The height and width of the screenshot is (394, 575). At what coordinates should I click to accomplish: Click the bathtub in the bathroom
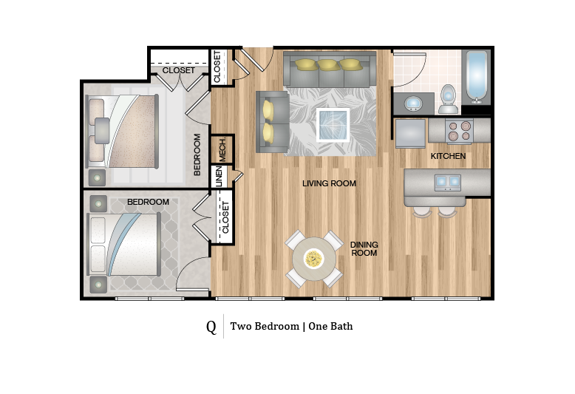(477, 77)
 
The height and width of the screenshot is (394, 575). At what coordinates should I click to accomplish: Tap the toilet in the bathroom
(448, 99)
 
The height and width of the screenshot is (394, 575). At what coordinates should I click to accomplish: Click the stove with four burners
(460, 132)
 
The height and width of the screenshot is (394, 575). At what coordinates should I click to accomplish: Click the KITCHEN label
(448, 156)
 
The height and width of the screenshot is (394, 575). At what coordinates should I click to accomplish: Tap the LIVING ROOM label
(329, 183)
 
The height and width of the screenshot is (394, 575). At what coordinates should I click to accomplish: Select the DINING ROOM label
(364, 248)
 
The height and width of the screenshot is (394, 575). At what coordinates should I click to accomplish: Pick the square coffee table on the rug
(332, 124)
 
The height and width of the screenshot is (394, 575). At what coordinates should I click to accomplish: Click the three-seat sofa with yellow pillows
(329, 67)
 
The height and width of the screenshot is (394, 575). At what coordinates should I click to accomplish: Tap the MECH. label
(222, 150)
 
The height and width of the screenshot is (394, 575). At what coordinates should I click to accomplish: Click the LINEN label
(219, 177)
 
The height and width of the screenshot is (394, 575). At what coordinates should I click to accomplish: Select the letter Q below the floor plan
(211, 326)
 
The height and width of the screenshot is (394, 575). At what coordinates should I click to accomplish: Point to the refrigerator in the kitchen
(411, 133)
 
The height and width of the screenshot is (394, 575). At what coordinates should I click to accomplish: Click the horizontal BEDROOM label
(148, 202)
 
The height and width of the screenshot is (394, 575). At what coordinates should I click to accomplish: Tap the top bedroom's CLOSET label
(178, 71)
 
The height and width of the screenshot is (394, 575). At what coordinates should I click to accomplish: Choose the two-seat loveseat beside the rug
(271, 121)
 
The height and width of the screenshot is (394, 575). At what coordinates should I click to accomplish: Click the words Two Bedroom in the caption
(264, 326)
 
